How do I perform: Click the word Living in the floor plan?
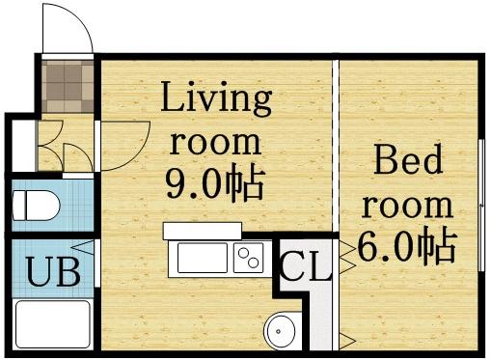pos(216,98)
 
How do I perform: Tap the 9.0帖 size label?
pos(215,182)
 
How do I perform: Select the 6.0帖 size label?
pos(406,247)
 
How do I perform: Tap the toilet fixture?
pos(36,206)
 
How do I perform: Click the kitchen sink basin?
pos(201,259)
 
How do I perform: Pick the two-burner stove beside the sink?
pos(249,258)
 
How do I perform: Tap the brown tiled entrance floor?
pos(68,86)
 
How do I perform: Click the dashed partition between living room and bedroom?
pos(337,145)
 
